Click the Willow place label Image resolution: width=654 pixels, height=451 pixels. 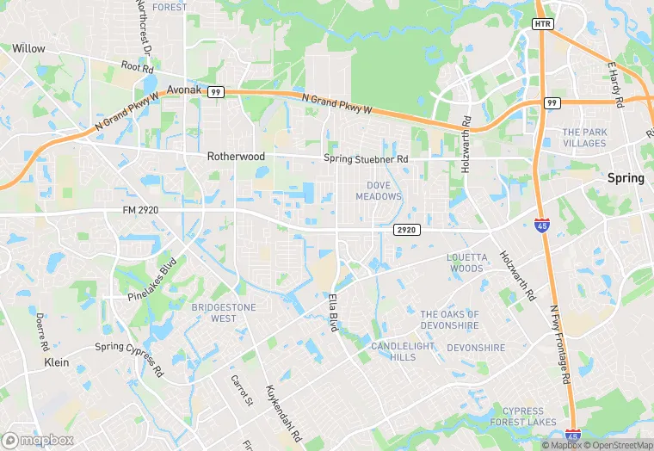(x=28, y=49)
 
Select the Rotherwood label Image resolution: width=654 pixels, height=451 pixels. (x=235, y=158)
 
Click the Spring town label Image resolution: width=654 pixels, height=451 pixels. (x=626, y=178)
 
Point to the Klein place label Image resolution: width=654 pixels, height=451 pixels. (x=56, y=363)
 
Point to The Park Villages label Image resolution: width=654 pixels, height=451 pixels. (x=584, y=138)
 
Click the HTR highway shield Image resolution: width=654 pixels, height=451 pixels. (x=542, y=23)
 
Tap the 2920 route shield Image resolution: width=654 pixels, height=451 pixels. (x=406, y=230)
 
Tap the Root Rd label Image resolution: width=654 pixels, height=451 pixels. (x=137, y=65)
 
